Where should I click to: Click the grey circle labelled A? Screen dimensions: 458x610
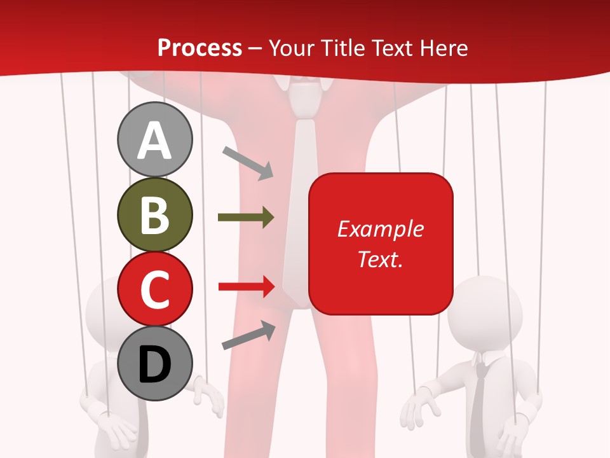(154, 140)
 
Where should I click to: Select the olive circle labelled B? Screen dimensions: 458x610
(154, 214)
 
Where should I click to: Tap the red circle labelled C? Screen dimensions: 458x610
(154, 289)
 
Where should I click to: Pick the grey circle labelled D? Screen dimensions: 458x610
(154, 363)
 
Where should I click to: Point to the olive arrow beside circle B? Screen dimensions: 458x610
(246, 218)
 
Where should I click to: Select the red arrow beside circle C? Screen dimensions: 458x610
(246, 287)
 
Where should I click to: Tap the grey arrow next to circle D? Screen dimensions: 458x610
(248, 336)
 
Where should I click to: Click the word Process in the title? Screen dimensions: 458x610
(200, 48)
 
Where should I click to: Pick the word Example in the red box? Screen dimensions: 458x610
(380, 229)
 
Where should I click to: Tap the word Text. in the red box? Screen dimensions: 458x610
(380, 259)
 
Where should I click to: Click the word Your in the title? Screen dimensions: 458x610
(291, 48)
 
